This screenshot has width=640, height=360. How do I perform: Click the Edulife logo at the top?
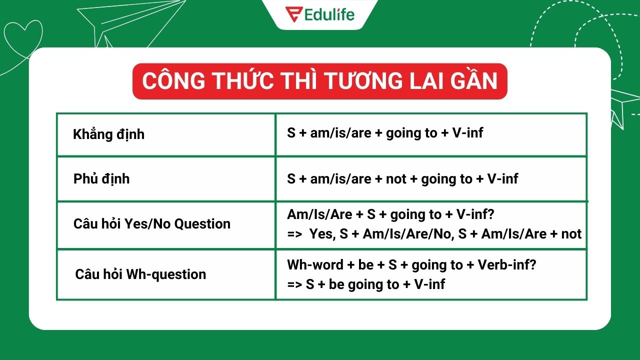[x=320, y=13]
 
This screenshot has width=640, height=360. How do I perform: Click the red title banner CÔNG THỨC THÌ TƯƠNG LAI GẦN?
[x=320, y=81]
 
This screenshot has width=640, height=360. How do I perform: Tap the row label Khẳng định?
[x=108, y=134]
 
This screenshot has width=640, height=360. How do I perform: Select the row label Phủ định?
[x=101, y=179]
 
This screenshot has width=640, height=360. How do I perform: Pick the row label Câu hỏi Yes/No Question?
[x=152, y=223]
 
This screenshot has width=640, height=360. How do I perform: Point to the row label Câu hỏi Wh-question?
[x=140, y=274]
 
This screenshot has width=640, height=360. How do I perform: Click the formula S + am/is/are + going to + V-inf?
[x=385, y=133]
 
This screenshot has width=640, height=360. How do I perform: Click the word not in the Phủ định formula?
[x=396, y=178]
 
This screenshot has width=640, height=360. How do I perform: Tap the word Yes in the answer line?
[x=321, y=234]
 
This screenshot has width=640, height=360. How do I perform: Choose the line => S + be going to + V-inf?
[x=366, y=284]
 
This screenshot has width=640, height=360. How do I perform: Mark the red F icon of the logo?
[x=292, y=13]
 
